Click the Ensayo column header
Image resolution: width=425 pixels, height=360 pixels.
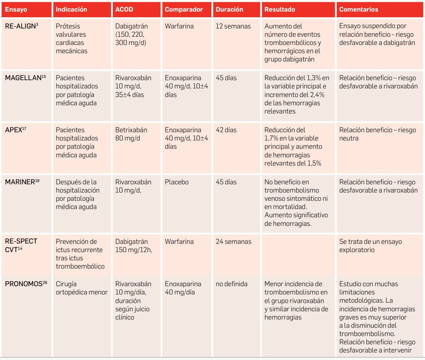[x=16, y=9]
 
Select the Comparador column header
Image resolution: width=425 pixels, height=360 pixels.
[x=184, y=9]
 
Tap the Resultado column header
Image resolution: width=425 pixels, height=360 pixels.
[x=280, y=9]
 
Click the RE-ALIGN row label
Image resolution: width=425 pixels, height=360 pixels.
[x=21, y=26]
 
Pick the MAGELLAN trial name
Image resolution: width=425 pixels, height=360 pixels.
[x=25, y=78]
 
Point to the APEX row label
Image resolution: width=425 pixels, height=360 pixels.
[x=16, y=130]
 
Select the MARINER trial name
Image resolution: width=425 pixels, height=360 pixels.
[x=22, y=182]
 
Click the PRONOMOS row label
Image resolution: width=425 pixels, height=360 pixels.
[x=26, y=284]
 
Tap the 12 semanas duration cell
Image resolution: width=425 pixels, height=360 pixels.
[x=233, y=26]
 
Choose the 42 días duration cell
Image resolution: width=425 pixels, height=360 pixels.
[x=226, y=130]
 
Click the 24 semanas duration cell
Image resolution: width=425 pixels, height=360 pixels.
[x=233, y=242]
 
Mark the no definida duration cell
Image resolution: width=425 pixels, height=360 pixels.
[x=232, y=284]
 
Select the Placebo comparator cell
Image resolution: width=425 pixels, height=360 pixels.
[x=177, y=182]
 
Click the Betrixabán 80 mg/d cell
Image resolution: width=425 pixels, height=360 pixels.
[x=131, y=134]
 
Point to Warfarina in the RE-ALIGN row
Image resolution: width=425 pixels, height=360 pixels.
[x=179, y=26]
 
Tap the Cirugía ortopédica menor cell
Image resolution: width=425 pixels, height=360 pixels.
[x=82, y=288]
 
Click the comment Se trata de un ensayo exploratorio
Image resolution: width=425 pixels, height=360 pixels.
[x=371, y=246]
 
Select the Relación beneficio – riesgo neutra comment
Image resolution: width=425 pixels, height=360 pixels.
[x=377, y=134]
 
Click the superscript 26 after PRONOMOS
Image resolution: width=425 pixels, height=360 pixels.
[x=45, y=282]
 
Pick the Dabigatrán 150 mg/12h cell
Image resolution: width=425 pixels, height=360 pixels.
[x=134, y=246]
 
